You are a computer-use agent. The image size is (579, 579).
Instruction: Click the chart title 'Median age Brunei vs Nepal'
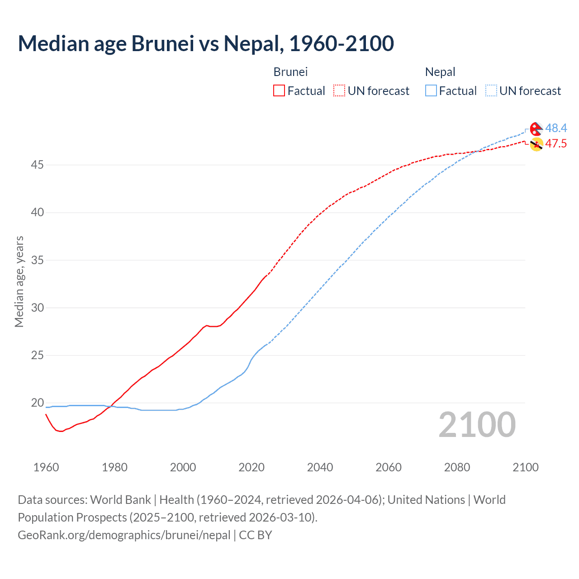click(x=206, y=43)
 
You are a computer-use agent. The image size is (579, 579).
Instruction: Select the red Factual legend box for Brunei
click(x=279, y=91)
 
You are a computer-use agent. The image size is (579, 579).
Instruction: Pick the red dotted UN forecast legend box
click(x=339, y=91)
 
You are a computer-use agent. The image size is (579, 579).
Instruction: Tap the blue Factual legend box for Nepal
click(x=431, y=91)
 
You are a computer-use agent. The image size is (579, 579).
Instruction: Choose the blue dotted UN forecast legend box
click(x=491, y=91)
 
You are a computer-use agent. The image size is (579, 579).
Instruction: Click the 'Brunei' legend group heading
click(x=290, y=72)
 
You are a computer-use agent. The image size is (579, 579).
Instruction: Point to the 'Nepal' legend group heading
click(x=440, y=72)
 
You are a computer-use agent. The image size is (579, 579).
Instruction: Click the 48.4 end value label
click(x=556, y=128)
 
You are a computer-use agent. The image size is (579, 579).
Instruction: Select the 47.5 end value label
click(x=556, y=144)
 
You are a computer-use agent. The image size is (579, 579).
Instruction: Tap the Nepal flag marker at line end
click(x=536, y=129)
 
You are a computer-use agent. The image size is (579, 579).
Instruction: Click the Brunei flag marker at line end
click(x=536, y=145)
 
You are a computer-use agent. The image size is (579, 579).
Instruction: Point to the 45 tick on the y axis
click(x=37, y=165)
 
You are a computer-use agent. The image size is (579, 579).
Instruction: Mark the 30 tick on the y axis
click(x=37, y=308)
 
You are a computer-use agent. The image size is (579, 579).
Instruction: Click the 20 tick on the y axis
click(x=37, y=403)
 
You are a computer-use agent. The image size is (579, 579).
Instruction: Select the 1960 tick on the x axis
click(x=46, y=467)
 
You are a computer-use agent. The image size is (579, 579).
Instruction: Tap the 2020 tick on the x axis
click(x=252, y=467)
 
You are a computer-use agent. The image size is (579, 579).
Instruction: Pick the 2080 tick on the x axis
click(x=457, y=467)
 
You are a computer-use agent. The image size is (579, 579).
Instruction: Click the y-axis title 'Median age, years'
click(x=19, y=281)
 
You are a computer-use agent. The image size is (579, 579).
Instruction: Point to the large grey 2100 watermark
click(x=477, y=425)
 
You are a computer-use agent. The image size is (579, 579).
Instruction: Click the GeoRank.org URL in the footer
click(x=124, y=535)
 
